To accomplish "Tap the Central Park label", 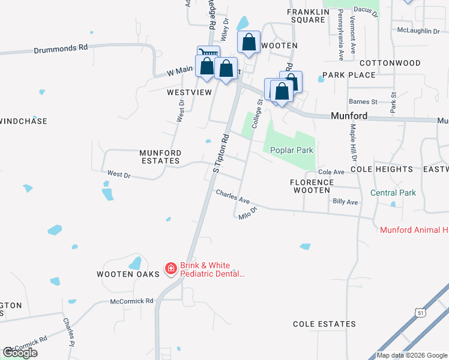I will point(393,193).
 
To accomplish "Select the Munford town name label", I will point(349,116).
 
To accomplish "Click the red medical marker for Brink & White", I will point(171,268).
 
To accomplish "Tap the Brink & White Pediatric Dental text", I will point(213,269).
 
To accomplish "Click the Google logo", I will point(20,353).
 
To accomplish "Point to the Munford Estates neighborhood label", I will point(160,157).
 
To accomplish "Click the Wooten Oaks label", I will point(128,274).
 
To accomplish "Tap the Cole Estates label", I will point(324,324).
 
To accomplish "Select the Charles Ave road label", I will point(232,196).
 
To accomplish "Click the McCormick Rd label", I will point(132,301).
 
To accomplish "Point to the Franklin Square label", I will point(309,16).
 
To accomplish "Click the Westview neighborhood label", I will point(190,92).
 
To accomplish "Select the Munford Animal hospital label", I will point(414,230).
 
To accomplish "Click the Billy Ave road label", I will point(345,202).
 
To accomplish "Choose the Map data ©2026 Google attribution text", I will point(412,355).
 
